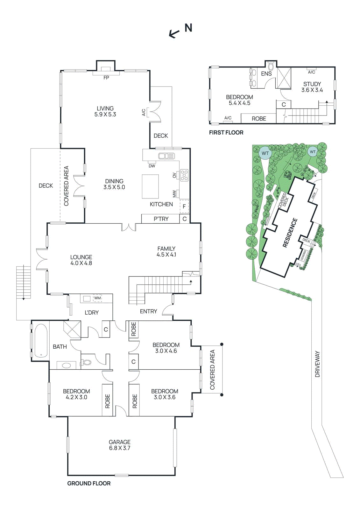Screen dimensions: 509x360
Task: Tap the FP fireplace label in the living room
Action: [106, 78]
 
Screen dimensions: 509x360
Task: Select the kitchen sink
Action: [166, 156]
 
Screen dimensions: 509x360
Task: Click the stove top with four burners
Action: [184, 175]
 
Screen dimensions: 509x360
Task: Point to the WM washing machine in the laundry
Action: [97, 298]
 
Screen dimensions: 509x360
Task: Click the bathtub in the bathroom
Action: [41, 341]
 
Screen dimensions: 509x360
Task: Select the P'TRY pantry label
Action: [161, 219]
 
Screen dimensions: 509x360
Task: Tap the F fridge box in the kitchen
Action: [184, 206]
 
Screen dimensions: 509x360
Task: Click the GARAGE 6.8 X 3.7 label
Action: [120, 445]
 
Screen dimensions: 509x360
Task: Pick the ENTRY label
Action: [148, 311]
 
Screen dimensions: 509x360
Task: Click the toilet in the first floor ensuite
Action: [271, 66]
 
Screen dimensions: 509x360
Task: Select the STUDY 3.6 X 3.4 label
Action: [312, 87]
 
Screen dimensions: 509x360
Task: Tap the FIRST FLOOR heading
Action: [226, 133]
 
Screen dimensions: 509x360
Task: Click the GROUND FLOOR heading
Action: [89, 483]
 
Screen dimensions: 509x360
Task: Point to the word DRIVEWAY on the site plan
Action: [317, 364]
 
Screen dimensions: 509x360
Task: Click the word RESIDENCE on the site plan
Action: [290, 233]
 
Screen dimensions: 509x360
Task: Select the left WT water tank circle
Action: [265, 153]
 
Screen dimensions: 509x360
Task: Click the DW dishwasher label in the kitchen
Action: [152, 166]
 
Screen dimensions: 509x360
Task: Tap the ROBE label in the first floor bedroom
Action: [259, 119]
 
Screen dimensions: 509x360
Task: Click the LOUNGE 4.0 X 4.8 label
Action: [81, 260]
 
